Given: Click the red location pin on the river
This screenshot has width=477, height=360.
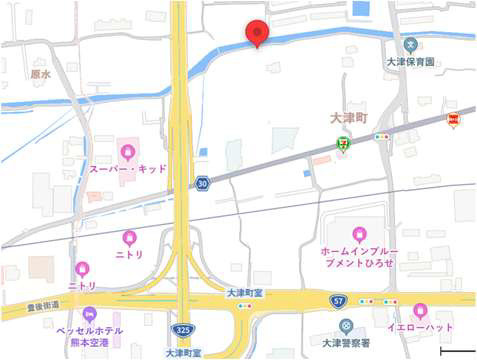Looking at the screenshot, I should pyautogui.click(x=257, y=33).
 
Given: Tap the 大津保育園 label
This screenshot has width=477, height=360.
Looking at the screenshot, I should pyautogui.click(x=411, y=62).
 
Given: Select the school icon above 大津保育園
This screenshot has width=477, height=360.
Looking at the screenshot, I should pyautogui.click(x=411, y=44).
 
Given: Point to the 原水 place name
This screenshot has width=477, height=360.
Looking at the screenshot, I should pyautogui.click(x=40, y=74).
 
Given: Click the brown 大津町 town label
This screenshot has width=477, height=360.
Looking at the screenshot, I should pyautogui.click(x=349, y=117).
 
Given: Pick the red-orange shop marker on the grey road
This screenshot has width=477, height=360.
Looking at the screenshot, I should pyautogui.click(x=454, y=120).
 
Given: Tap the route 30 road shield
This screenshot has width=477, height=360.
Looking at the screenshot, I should pyautogui.click(x=203, y=184).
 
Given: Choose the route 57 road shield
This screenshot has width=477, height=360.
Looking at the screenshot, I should pyautogui.click(x=338, y=299).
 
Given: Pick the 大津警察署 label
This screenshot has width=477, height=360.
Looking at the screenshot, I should pyautogui.click(x=346, y=343).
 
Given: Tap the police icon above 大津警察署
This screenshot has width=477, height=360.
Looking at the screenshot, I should pyautogui.click(x=346, y=326).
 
